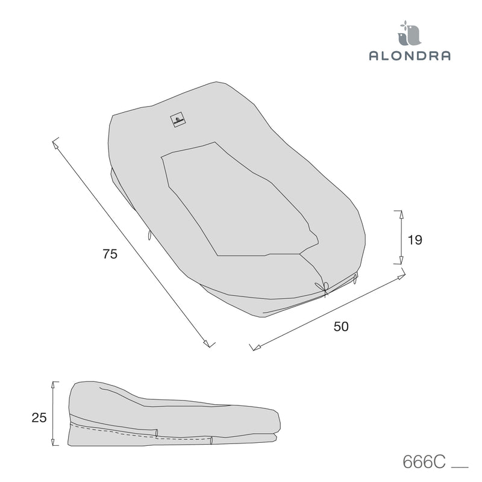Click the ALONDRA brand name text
click(410, 55)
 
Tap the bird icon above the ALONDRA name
click(409, 33)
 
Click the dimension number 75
click(110, 254)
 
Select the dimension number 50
click(341, 327)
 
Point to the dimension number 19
click(415, 240)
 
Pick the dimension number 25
click(39, 418)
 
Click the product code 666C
click(424, 462)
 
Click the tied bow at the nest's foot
click(323, 288)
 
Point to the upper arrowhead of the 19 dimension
click(401, 214)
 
